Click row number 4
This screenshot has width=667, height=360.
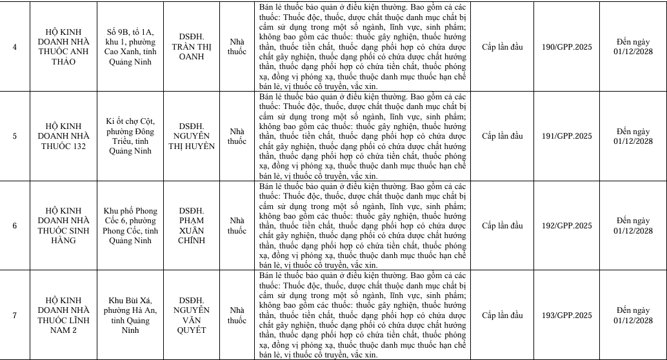click(x=15, y=46)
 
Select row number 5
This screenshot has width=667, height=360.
click(x=15, y=136)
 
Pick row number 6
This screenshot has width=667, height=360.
click(x=15, y=226)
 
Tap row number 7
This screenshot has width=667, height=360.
click(x=15, y=315)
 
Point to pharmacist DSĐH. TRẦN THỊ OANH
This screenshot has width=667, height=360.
click(x=192, y=46)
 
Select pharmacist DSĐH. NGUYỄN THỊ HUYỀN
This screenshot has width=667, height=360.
click(x=192, y=136)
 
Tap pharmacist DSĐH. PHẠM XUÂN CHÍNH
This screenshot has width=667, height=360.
click(x=192, y=226)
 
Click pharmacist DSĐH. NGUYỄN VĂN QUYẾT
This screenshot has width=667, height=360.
click(x=192, y=315)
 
